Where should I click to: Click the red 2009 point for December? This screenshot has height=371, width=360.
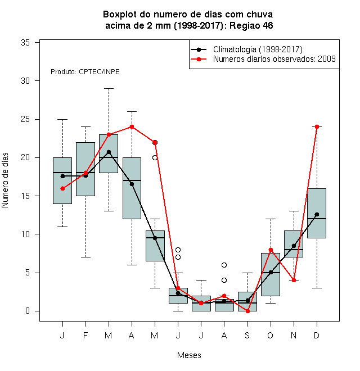(x=317, y=127)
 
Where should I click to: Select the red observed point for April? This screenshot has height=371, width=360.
(x=132, y=127)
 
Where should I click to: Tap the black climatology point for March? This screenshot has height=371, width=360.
(x=109, y=152)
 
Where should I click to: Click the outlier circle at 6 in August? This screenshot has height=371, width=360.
(x=224, y=265)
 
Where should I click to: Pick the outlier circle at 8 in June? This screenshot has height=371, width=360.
(x=178, y=250)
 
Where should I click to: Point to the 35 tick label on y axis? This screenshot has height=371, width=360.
(x=25, y=43)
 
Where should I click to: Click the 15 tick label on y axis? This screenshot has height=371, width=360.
(x=25, y=196)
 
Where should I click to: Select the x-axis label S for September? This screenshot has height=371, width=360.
(x=247, y=335)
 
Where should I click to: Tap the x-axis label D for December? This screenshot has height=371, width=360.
(x=317, y=335)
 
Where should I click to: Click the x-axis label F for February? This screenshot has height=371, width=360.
(x=85, y=335)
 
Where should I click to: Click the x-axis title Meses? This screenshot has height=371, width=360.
(x=189, y=355)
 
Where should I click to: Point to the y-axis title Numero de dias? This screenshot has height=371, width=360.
(x=5, y=180)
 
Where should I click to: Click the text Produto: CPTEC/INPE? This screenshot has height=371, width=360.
(x=85, y=72)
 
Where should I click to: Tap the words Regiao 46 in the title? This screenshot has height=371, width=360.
(x=251, y=25)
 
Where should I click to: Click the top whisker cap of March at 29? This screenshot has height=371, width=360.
(x=109, y=88)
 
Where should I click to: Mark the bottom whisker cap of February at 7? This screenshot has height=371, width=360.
(x=85, y=257)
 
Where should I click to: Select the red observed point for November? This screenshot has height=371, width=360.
(x=294, y=280)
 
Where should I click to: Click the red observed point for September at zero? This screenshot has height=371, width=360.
(x=247, y=311)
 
